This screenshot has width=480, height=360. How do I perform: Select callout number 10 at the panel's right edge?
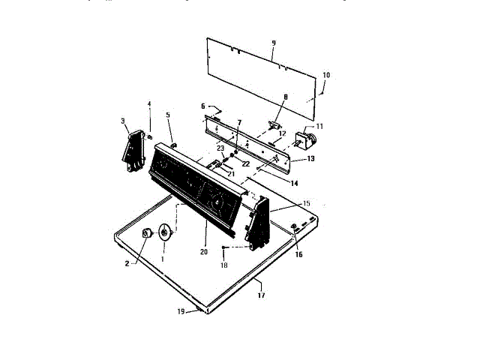click(x=326, y=75)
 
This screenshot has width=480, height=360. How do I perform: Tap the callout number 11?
click(x=319, y=126)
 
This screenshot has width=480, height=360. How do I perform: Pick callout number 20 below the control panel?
click(x=203, y=252)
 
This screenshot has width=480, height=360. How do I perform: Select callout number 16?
click(x=299, y=255)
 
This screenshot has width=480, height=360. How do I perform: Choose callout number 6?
click(x=202, y=106)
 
